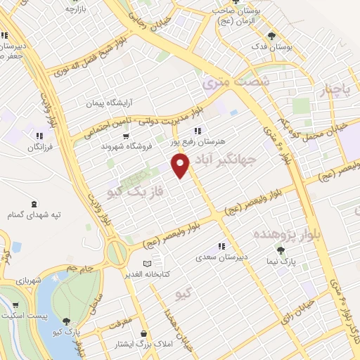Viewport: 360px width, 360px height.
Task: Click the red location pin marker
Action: [x=181, y=166]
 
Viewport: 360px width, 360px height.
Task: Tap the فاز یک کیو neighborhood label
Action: [x=136, y=191]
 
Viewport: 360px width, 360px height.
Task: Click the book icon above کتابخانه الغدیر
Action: [x=147, y=263]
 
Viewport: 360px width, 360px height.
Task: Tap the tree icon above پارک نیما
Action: [x=281, y=251]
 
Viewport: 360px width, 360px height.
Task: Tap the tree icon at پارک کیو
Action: [x=67, y=321]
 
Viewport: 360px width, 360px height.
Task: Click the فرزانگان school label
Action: [x=40, y=147]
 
